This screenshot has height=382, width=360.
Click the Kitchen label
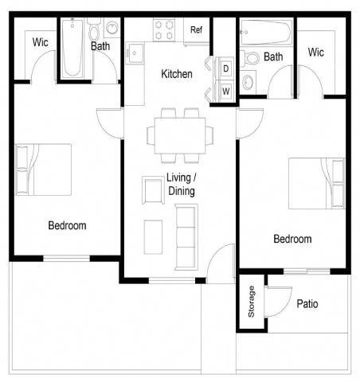pyautogui.click(x=176, y=74)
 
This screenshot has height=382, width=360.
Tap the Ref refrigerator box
pyautogui.click(x=196, y=30)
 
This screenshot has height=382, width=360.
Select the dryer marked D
pyautogui.click(x=225, y=69)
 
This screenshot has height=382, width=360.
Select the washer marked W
pyautogui.click(x=225, y=91)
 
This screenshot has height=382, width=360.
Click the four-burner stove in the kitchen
pyautogui.click(x=164, y=30)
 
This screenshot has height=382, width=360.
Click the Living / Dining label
pyautogui.click(x=181, y=185)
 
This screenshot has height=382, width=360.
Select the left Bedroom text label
pyautogui.click(x=67, y=225)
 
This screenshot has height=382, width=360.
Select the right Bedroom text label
pyautogui.click(x=292, y=239)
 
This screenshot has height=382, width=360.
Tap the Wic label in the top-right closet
pyautogui.click(x=316, y=53)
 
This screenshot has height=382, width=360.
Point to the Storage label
pyautogui.click(x=252, y=302)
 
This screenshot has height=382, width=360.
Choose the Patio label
pyautogui.click(x=307, y=304)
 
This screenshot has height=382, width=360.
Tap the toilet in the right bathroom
pyautogui.click(x=251, y=57)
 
